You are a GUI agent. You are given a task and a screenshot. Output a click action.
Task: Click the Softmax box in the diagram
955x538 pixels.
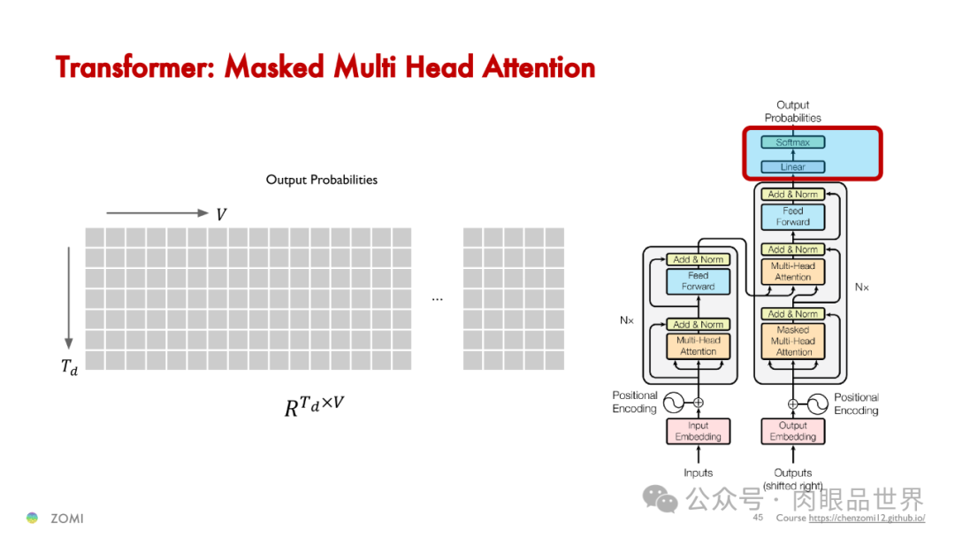point(793,142)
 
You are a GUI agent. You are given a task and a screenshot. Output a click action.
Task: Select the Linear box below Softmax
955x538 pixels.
point(793,166)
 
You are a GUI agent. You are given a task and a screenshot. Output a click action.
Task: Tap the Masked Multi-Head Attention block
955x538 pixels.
point(793,341)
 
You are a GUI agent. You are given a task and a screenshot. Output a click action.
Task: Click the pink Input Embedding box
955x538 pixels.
point(699,431)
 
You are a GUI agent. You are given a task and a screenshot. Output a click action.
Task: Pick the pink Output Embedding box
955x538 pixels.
point(793,431)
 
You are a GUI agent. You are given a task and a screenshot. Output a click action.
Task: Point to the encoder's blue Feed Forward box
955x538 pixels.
point(699,281)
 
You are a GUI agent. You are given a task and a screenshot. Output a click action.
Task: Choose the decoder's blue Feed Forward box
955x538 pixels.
point(793,217)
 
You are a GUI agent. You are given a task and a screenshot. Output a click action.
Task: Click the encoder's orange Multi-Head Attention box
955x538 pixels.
point(699,346)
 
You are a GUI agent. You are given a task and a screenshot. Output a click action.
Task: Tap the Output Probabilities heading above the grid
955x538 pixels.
point(322,180)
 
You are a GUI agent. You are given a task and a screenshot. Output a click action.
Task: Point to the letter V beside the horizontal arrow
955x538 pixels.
point(221,214)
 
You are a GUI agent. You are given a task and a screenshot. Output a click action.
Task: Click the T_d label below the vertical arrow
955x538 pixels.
point(69,367)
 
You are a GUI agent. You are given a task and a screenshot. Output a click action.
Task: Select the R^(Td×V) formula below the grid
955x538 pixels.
point(314,405)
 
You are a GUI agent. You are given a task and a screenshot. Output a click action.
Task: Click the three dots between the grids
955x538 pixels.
point(437,299)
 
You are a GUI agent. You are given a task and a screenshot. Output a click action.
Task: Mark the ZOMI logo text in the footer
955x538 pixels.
point(66,518)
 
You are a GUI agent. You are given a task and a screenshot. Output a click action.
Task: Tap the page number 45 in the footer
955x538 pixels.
point(758,518)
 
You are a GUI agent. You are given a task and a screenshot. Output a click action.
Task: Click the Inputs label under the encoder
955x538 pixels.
point(699,473)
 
